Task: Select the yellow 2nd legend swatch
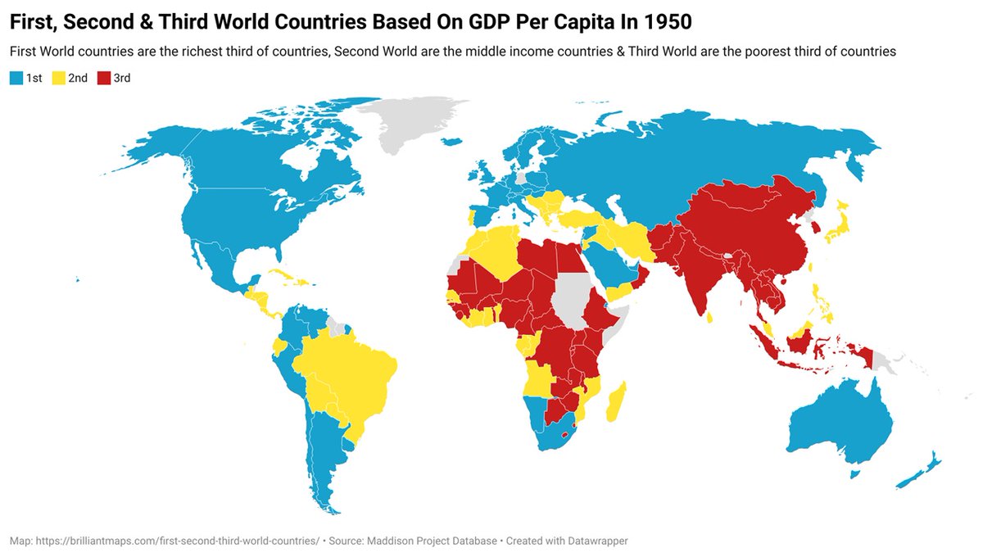click(x=57, y=79)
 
